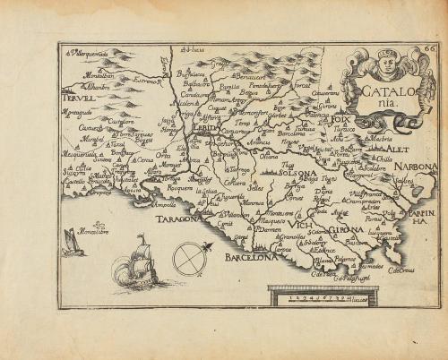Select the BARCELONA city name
click(x=246, y=257)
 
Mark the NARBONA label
click(x=417, y=167)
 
